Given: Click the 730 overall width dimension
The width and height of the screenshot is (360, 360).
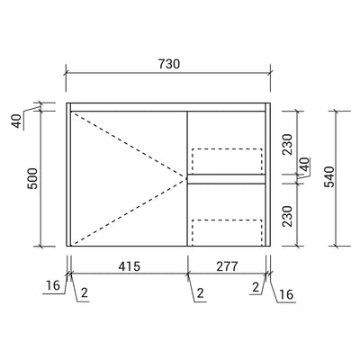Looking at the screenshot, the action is click(169, 64).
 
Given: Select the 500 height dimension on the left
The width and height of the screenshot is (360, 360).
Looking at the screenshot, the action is click(32, 178).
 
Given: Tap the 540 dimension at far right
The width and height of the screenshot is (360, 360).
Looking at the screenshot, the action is click(329, 176).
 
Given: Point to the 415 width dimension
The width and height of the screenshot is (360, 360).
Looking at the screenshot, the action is click(129, 266).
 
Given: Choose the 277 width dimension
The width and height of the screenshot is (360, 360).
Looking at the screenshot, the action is click(227, 266).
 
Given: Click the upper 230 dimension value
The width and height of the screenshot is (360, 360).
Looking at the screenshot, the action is click(287, 144).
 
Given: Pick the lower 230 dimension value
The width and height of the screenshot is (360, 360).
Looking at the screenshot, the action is click(287, 216).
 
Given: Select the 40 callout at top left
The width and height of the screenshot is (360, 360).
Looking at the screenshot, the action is click(18, 121).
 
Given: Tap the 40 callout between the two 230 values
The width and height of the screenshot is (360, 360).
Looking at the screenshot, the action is click(305, 165).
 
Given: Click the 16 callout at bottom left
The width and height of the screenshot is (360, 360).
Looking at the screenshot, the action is click(53, 285).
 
